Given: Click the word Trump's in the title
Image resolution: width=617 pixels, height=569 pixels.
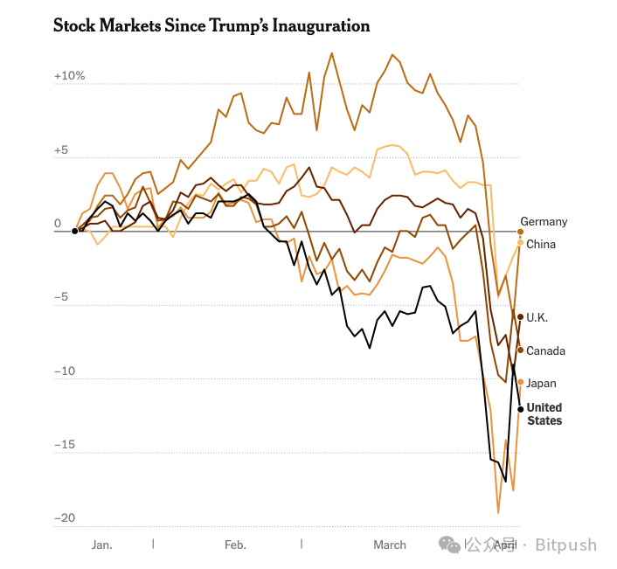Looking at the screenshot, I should tap(234, 25).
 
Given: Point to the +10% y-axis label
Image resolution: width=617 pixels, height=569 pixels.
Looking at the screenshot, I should tap(69, 76).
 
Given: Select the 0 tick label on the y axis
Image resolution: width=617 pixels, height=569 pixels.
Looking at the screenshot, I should tap(58, 224).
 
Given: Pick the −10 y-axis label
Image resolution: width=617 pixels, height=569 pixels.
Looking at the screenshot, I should tap(66, 371).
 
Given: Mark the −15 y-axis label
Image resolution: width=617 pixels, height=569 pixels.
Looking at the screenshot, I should tap(66, 445).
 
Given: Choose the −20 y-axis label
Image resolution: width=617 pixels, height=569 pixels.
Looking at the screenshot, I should tap(66, 518).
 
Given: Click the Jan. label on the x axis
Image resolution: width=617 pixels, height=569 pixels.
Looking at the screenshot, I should tap(101, 545).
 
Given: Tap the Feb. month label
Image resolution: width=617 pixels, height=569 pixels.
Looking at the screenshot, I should tap(235, 545).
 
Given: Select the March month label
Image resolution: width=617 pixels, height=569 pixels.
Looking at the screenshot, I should tap(390, 545).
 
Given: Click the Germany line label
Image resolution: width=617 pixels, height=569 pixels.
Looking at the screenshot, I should tap(544, 222).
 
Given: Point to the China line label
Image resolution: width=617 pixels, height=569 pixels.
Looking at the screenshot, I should tap(541, 244).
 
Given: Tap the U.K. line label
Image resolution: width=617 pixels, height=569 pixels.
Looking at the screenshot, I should tap(537, 317).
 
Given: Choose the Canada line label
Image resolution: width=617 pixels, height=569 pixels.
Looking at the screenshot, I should tap(546, 350).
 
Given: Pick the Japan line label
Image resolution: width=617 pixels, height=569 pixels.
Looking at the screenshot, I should tap(541, 383).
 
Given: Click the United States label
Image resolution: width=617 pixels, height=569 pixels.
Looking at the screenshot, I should tap(544, 414).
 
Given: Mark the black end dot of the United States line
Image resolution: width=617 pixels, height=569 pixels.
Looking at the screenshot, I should tap(521, 409).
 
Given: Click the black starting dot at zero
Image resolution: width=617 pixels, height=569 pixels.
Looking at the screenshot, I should tap(74, 231).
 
